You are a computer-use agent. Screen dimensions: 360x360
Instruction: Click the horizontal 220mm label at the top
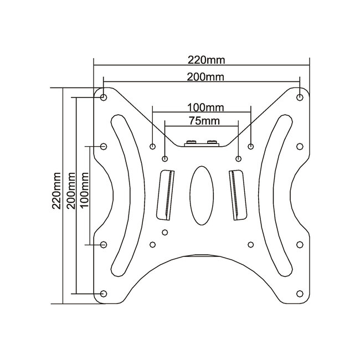(202, 59)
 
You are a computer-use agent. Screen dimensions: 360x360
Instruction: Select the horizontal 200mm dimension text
(202, 77)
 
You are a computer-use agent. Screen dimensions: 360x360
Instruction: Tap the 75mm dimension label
(202, 120)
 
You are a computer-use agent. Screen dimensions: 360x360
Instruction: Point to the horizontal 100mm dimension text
(202, 105)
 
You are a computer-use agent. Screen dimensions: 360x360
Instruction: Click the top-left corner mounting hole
(104, 97)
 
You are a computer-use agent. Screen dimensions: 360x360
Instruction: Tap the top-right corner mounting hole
(300, 97)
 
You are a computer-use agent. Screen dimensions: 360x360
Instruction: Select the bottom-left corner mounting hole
(104, 292)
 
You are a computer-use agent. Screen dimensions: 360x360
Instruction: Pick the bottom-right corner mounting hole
(300, 292)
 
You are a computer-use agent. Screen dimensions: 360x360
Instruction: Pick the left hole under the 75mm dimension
(165, 159)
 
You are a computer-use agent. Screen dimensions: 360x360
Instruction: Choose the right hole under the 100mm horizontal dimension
(251, 147)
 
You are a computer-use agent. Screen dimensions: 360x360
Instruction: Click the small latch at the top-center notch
(202, 143)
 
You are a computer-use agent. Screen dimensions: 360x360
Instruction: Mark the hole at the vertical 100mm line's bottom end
(104, 244)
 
